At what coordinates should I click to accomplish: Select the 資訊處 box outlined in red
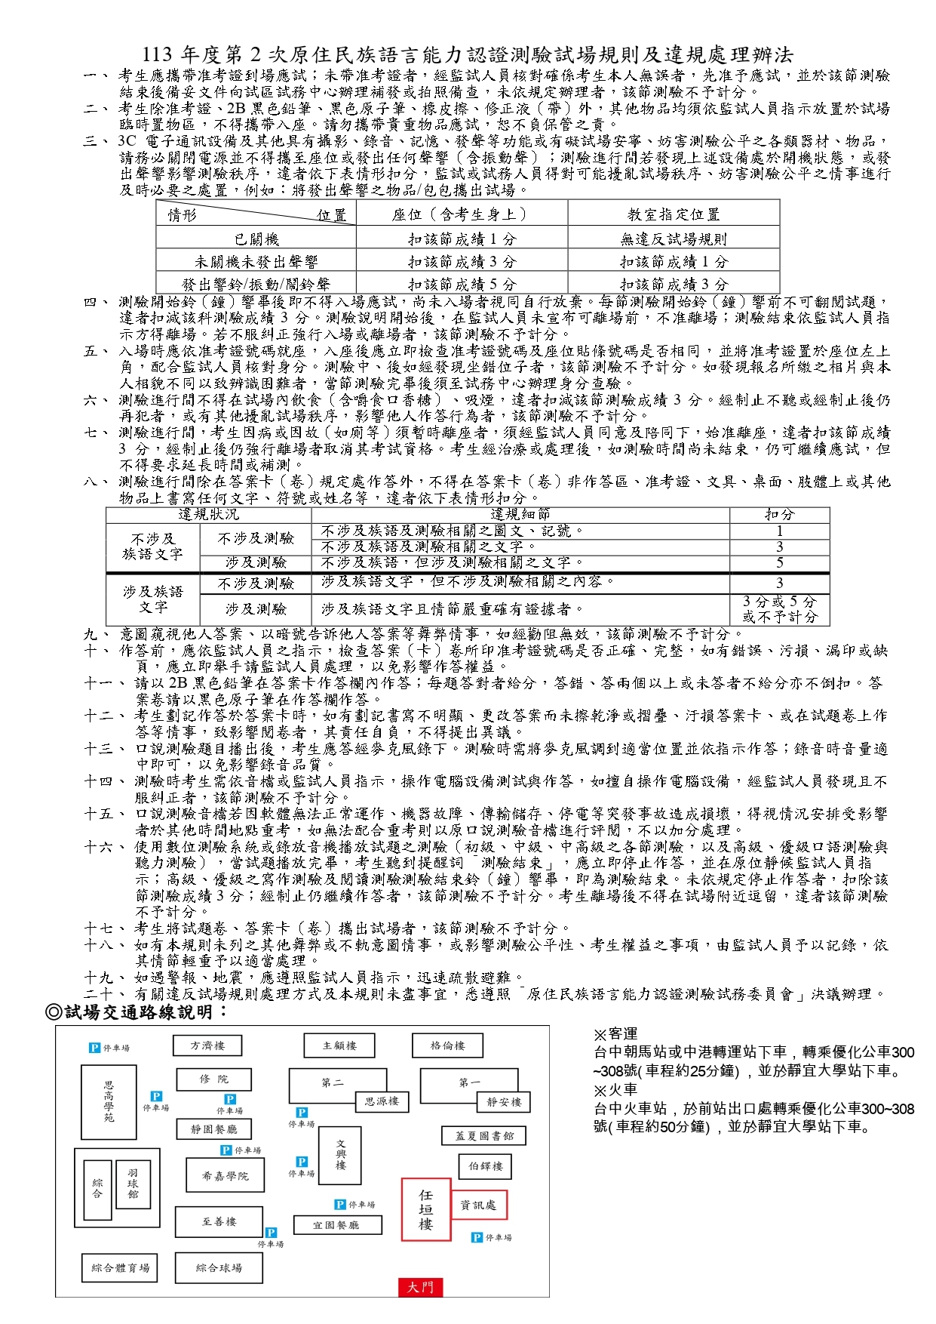point(479,1205)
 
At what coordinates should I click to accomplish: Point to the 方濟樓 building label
point(207,1045)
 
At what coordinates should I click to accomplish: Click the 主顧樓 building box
point(339,1045)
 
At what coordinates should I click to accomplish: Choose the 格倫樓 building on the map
point(447,1045)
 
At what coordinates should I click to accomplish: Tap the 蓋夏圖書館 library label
point(483,1135)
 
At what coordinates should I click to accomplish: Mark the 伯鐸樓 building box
point(486,1166)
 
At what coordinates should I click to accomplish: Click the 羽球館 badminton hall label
point(133,1184)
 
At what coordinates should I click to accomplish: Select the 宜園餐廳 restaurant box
point(336,1224)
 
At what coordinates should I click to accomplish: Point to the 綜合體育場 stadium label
point(121,1267)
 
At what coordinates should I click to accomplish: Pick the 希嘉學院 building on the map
point(225,1175)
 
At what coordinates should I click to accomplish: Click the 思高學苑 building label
point(109,1101)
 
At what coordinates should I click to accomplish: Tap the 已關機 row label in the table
point(256,239)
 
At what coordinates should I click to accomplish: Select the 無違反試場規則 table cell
point(674,239)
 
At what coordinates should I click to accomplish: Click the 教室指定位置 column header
point(674,214)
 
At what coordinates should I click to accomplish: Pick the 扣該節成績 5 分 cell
point(462,284)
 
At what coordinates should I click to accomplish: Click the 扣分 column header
point(779,515)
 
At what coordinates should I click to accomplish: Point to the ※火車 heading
point(615,1089)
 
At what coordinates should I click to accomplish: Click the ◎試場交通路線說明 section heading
point(137,1011)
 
